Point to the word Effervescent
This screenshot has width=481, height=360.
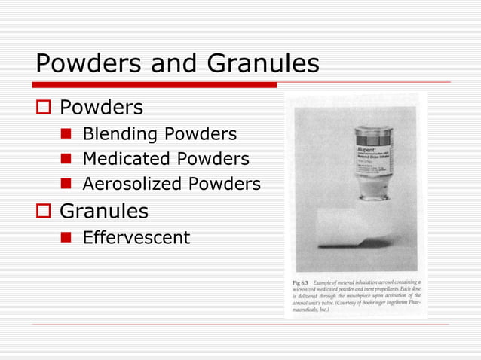pyautogui.click(x=136, y=238)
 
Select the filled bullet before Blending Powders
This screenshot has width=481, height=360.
pyautogui.click(x=66, y=136)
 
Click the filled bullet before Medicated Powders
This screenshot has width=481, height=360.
pyautogui.click(x=66, y=160)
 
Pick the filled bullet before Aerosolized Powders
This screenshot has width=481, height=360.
pyautogui.click(x=66, y=184)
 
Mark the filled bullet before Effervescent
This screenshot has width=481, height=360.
pyautogui.click(x=66, y=239)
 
